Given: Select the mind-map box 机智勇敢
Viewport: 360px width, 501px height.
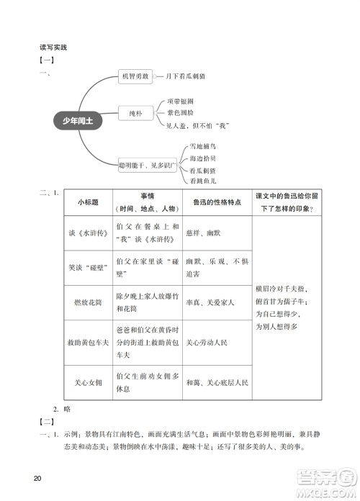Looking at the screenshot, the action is pos(135,76).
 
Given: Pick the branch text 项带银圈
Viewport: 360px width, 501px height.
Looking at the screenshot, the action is pos(180,101).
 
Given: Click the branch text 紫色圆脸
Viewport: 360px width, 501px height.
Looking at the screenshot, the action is pos(180,113).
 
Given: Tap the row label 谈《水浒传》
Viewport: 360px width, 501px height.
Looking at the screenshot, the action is pos(87,232).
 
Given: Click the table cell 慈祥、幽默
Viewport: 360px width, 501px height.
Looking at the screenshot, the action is pos(202,232).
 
